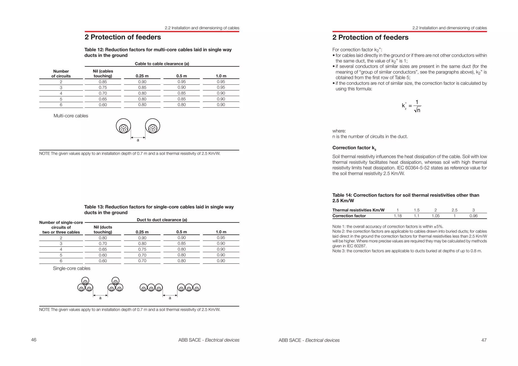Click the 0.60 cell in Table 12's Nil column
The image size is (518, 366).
click(x=103, y=105)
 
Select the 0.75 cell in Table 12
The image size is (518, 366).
click(x=103, y=88)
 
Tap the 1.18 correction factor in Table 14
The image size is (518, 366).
click(x=398, y=216)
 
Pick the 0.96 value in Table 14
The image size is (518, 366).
click(x=473, y=216)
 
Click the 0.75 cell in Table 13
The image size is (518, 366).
click(x=142, y=249)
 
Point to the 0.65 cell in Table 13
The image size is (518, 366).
click(x=103, y=249)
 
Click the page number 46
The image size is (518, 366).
click(x=34, y=340)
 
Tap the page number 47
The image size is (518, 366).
click(x=484, y=340)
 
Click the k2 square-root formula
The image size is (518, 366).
click(x=412, y=106)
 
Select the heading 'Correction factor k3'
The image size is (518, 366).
click(x=354, y=148)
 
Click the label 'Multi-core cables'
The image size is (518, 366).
click(x=71, y=116)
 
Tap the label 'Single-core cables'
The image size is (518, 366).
click(x=72, y=268)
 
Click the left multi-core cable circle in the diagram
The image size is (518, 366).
click(x=123, y=126)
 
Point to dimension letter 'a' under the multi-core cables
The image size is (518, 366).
click(x=138, y=140)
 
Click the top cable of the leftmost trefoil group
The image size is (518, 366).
click(x=85, y=281)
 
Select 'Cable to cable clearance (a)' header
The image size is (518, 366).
click(x=162, y=64)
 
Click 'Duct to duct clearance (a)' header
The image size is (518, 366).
click(x=162, y=220)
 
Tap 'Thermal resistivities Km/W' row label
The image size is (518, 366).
click(x=358, y=210)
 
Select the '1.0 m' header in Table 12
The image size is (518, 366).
click(x=221, y=76)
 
